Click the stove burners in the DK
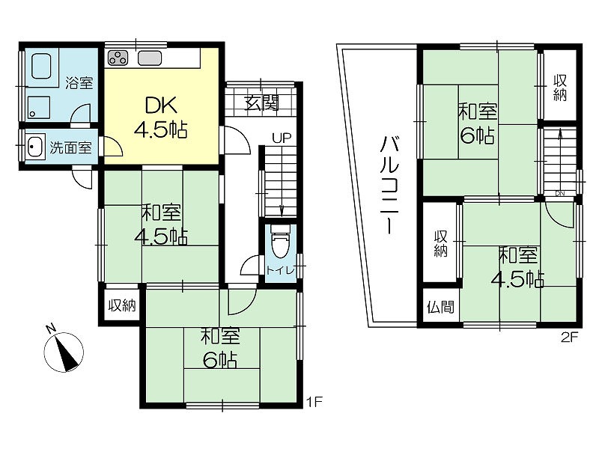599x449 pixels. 119,58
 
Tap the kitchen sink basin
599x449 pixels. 150,58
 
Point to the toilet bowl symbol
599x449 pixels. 281,245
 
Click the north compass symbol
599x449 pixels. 63,349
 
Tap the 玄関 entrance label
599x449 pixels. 262,103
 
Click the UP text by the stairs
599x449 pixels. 282,138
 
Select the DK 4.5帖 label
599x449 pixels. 161,117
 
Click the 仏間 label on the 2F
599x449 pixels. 440,307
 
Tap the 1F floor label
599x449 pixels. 315,402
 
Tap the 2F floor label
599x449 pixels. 570,337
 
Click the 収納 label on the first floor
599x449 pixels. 122,305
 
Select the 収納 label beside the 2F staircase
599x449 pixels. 560,88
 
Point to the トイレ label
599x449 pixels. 281,271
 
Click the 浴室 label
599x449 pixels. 79,83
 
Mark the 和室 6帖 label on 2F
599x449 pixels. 478,123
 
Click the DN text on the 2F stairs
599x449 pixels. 560,193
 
